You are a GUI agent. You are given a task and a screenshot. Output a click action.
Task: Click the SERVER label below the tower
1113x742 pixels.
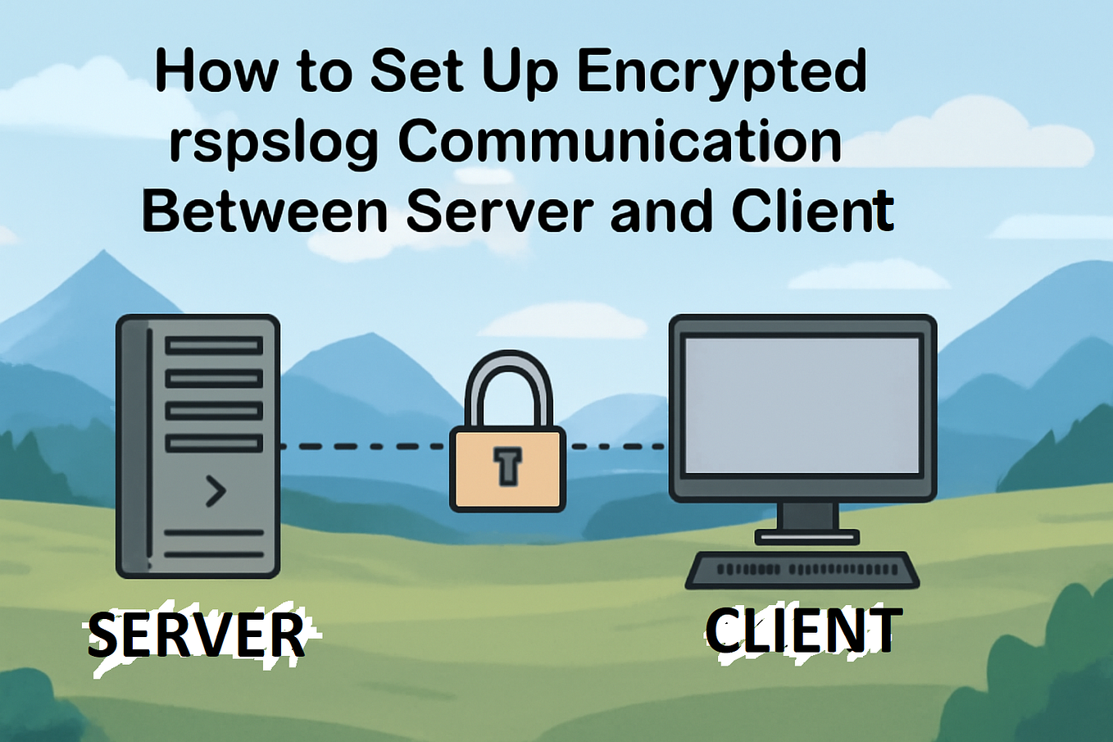(x=197, y=635)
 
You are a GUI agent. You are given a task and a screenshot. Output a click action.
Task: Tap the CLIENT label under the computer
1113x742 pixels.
(x=801, y=630)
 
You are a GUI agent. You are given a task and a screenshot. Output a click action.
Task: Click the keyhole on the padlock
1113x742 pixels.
(x=507, y=466)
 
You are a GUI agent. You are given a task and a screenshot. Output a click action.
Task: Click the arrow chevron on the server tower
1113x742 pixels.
(x=216, y=491)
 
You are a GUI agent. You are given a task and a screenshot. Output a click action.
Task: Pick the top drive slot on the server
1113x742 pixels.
(x=214, y=346)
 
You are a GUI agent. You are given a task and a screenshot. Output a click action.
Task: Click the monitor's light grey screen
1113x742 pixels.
(x=802, y=406)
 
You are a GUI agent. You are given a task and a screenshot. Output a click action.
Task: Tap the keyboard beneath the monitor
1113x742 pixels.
(x=802, y=571)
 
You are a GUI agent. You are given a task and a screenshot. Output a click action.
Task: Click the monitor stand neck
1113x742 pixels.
(x=807, y=517)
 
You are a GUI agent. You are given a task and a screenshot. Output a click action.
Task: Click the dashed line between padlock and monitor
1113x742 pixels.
(x=618, y=447)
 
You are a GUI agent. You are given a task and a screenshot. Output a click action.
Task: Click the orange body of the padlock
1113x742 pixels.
(x=507, y=469)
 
